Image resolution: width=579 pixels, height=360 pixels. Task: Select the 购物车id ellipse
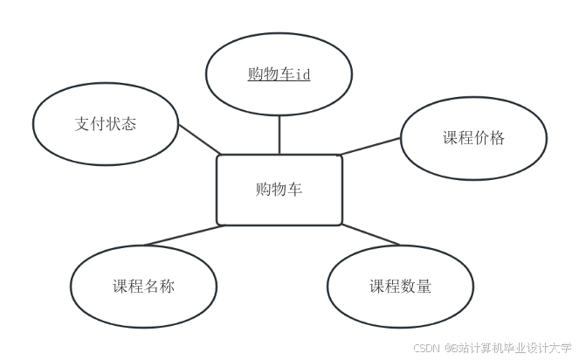279,74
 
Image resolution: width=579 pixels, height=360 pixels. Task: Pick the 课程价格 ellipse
473,138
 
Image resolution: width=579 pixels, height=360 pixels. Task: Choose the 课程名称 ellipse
142,287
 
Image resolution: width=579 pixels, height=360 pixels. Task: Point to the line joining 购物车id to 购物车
279,135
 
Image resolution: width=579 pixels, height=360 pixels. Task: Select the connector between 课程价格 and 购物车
371,145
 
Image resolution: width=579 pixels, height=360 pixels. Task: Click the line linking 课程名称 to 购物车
183,235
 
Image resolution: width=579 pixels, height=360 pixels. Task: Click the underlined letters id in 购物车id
302,74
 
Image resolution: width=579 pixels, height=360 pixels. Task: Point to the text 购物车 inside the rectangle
279,190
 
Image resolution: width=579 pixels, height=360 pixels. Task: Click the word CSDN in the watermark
424,347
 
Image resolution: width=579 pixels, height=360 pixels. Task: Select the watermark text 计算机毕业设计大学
520,347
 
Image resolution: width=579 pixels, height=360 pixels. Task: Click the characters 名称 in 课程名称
158,287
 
